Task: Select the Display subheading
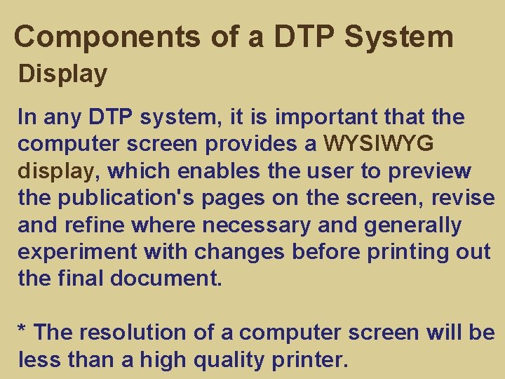62,74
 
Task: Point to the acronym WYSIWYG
379,144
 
